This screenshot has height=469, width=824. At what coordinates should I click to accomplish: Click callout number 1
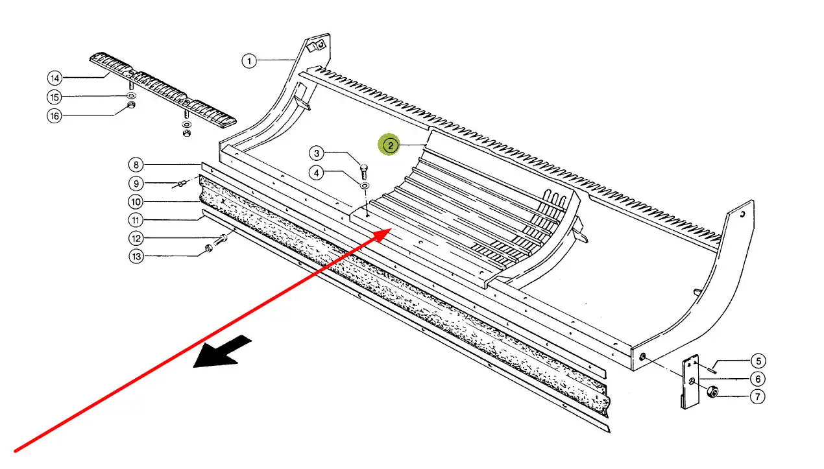[x=249, y=61]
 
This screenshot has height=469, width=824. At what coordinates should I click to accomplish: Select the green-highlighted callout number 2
[x=390, y=145]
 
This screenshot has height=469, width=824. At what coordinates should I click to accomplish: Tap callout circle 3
[x=317, y=154]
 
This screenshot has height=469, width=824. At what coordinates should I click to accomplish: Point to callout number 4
[x=317, y=173]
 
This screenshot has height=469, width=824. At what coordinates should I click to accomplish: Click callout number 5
[x=757, y=361]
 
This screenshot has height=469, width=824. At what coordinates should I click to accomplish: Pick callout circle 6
[x=757, y=379]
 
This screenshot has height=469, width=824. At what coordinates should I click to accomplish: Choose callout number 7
[x=757, y=396]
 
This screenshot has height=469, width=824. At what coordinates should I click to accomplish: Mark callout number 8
[x=136, y=165]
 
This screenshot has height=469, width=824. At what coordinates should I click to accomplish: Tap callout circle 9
[x=136, y=183]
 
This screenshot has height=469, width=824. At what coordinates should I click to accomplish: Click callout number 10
[x=136, y=201]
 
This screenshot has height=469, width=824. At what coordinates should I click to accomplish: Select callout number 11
[x=136, y=219]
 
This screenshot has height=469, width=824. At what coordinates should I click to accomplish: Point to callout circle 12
[x=136, y=238]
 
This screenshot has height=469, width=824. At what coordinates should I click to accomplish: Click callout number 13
[x=136, y=257]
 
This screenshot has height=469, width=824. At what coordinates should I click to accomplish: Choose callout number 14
[x=55, y=78]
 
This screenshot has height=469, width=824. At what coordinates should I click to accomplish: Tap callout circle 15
[x=55, y=97]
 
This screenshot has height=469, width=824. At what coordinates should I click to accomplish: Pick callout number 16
[x=55, y=116]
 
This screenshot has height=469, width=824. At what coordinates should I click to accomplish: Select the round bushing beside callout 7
[x=712, y=391]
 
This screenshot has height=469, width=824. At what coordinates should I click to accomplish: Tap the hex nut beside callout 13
[x=209, y=248]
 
